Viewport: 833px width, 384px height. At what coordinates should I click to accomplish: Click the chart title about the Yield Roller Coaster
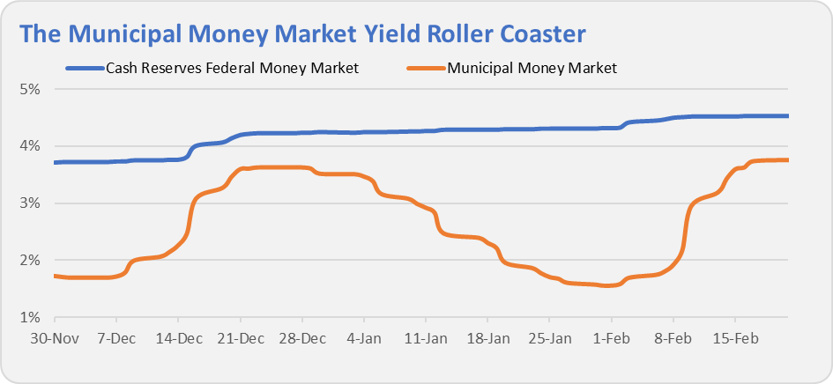[x=302, y=33]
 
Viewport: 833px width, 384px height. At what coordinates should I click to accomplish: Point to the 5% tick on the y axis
[x=32, y=89]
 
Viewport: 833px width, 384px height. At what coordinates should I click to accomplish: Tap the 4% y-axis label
[x=32, y=146]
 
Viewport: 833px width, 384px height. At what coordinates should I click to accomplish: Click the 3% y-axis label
[x=32, y=203]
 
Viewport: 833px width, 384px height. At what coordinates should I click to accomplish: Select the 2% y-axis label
[x=32, y=261]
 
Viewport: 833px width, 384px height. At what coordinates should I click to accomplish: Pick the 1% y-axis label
[x=32, y=318]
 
